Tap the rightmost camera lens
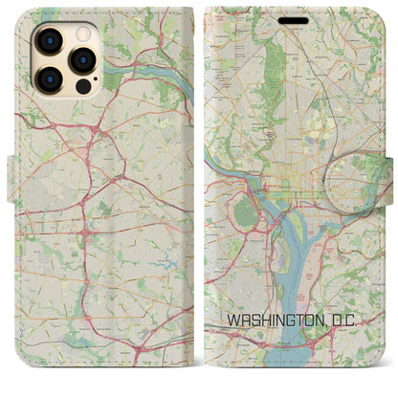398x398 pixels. point(81,58)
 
